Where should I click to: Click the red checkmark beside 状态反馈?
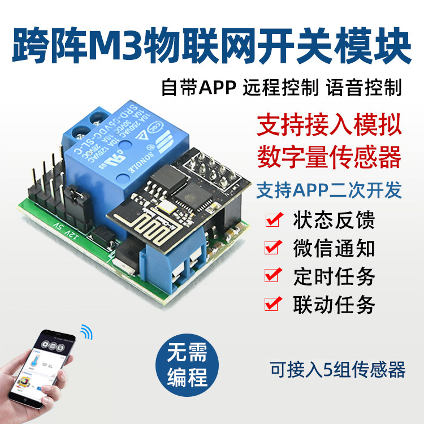click(274, 220)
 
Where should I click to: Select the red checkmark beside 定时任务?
click(274, 276)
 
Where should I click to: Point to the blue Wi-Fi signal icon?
click(86, 332)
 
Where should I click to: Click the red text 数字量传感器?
click(330, 156)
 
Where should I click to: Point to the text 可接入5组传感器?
click(338, 370)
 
